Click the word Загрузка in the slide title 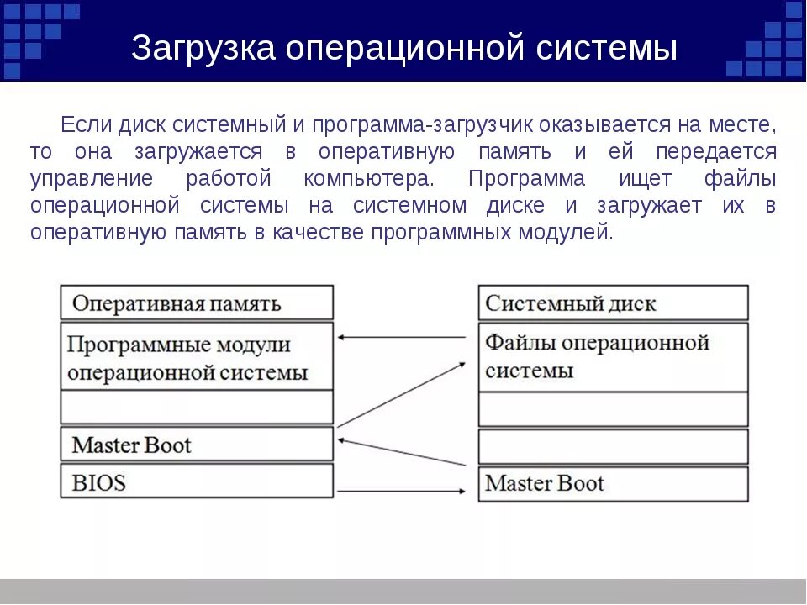click(x=203, y=49)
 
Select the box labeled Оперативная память click(x=197, y=302)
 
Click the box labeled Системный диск click(x=613, y=302)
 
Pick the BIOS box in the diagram click(x=197, y=481)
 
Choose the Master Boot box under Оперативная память click(x=197, y=444)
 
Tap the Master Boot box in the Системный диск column click(x=613, y=484)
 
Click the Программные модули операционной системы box click(x=197, y=356)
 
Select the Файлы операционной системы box click(x=613, y=356)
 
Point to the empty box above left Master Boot click(x=197, y=408)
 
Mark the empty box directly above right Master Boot click(x=613, y=446)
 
